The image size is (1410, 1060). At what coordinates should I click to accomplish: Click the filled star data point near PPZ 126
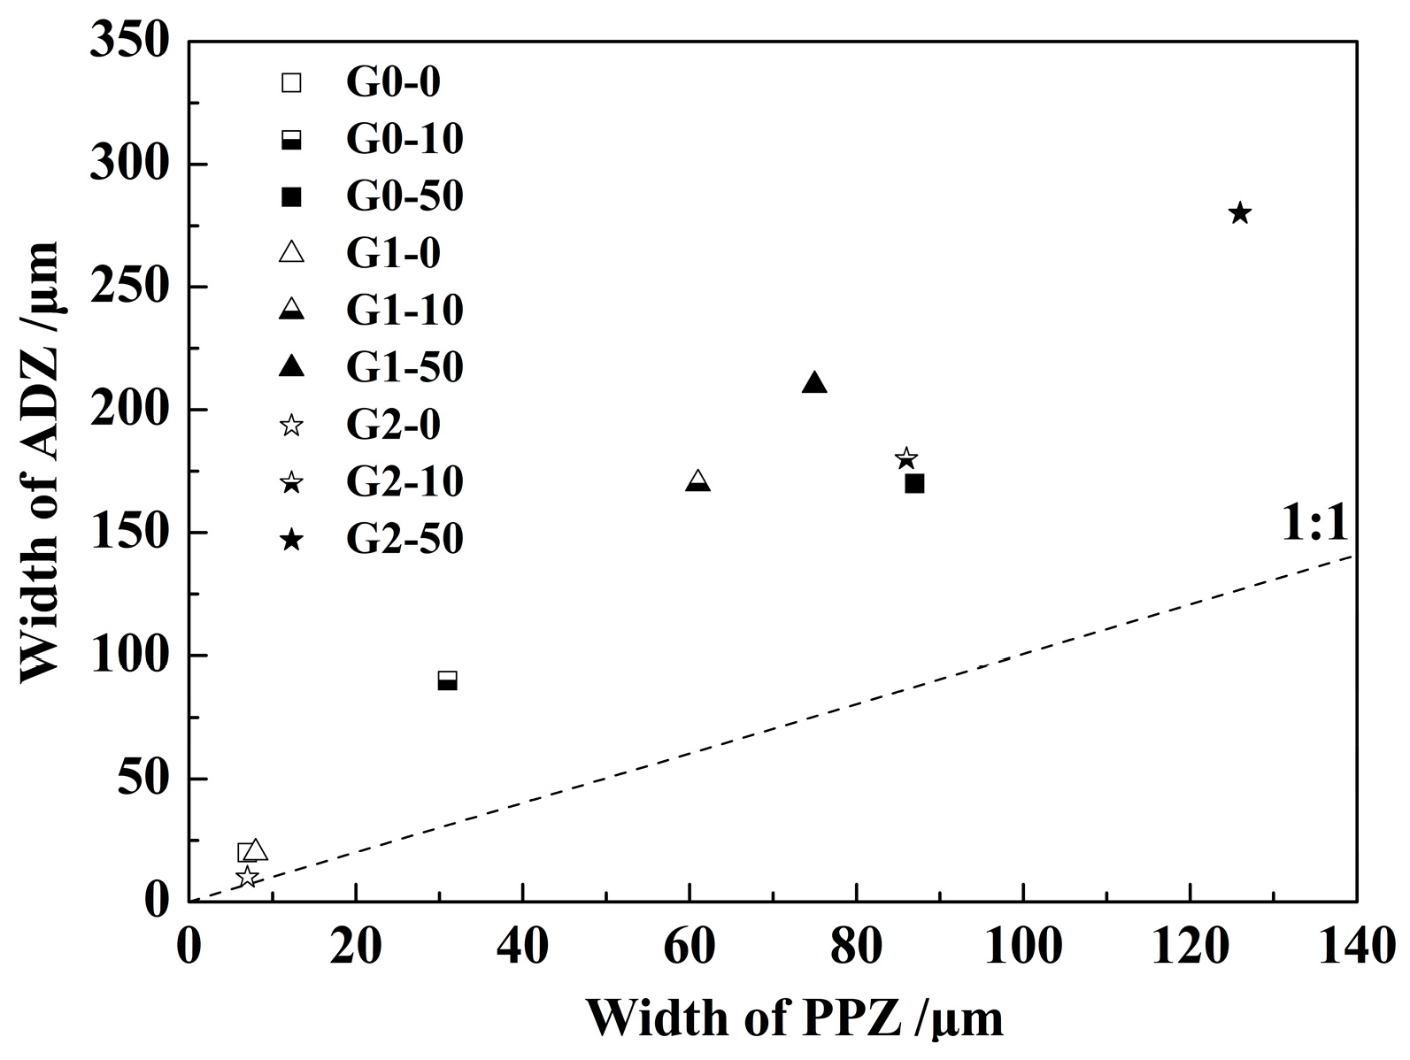[1239, 213]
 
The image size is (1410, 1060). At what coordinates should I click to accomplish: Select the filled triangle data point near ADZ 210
[814, 383]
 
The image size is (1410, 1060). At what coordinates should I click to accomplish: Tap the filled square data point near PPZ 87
[914, 483]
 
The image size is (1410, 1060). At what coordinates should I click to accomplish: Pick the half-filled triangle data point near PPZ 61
[697, 481]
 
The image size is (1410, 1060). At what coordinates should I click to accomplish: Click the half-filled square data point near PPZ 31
[447, 680]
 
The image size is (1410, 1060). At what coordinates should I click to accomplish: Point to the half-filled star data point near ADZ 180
[905, 458]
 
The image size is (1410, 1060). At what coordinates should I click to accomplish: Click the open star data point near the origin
[247, 877]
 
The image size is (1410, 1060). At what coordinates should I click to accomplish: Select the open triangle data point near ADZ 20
[256, 850]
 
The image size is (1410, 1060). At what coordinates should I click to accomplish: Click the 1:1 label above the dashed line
[1314, 525]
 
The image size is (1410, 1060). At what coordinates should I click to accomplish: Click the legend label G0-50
[405, 196]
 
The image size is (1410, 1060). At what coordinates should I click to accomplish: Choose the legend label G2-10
[405, 482]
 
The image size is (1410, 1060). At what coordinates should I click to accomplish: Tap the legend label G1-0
[393, 254]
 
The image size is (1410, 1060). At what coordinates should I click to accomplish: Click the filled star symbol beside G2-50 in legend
[291, 540]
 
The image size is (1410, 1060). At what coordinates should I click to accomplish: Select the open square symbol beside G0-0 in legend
[291, 82]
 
